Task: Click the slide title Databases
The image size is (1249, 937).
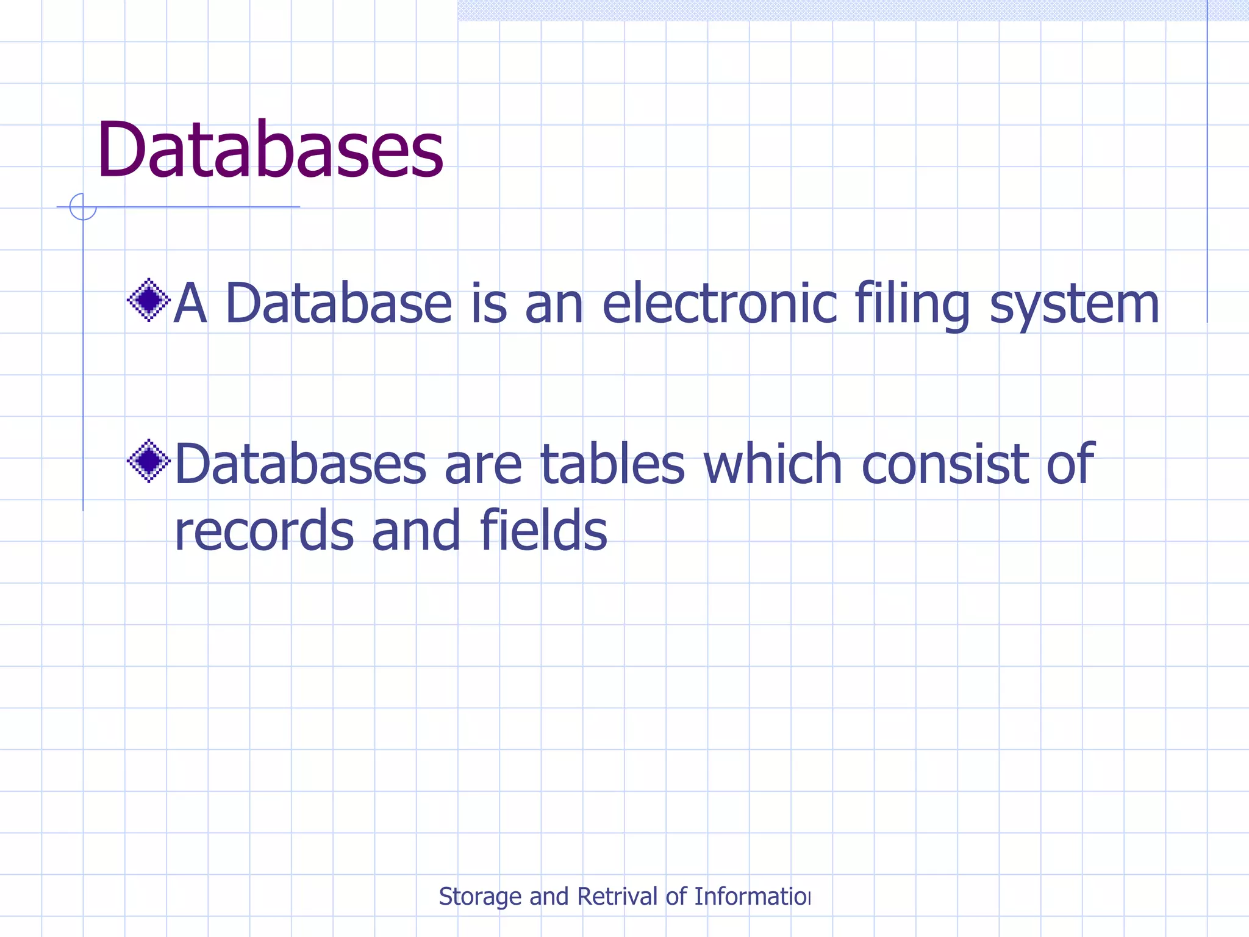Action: click(x=270, y=150)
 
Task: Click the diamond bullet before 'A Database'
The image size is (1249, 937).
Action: click(x=148, y=300)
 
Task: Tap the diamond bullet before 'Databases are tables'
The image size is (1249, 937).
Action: click(x=148, y=461)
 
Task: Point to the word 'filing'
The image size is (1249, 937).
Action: click(x=912, y=305)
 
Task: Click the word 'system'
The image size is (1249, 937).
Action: click(x=1074, y=305)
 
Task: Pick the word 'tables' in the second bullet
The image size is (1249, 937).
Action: click(x=613, y=465)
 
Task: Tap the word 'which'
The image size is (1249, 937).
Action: click(x=773, y=465)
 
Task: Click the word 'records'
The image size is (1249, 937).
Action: click(x=264, y=531)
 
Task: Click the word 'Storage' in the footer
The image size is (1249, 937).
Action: click(x=480, y=897)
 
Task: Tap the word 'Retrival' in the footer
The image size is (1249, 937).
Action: click(x=617, y=897)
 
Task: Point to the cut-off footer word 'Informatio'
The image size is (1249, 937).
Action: click(x=751, y=897)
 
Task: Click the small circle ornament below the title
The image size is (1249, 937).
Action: click(x=83, y=207)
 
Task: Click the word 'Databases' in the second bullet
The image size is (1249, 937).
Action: click(x=301, y=465)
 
